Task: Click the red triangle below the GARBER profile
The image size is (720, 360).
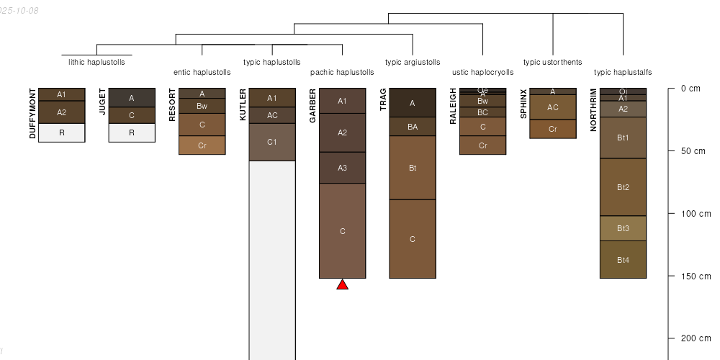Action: coord(343,285)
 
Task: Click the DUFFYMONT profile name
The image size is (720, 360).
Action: coord(32,114)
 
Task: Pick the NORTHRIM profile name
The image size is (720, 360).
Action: coord(593,110)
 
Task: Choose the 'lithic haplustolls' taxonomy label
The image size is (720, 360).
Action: coord(96,62)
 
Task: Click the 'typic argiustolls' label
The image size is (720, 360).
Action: coord(413,62)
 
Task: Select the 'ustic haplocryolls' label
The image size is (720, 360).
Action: coord(483,73)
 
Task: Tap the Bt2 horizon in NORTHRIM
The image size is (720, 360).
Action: coord(623,187)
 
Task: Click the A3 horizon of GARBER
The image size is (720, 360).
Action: coord(342,168)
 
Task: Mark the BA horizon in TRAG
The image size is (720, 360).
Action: coord(413,127)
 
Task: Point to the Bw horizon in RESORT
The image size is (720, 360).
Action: coord(202,106)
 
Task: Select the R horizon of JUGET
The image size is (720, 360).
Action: coord(132,132)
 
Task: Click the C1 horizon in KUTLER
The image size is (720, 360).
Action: coord(272,142)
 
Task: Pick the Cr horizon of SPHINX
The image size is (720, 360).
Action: coord(553,129)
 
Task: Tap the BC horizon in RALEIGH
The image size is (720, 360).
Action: coord(482,112)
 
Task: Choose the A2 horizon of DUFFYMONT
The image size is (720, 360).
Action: coord(61,112)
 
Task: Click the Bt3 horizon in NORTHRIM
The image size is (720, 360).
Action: coord(623,228)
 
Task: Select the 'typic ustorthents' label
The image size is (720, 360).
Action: coord(553,62)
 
